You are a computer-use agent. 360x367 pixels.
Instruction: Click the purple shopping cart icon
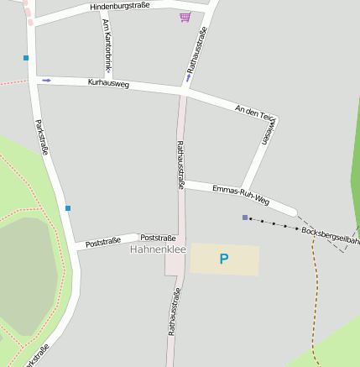tap(185, 17)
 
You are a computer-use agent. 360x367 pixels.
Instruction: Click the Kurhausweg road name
tap(108, 84)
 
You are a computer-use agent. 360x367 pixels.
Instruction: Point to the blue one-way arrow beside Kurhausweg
tap(46, 81)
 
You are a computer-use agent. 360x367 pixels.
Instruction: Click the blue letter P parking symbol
tap(224, 260)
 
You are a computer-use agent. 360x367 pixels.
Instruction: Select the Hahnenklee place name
tap(157, 249)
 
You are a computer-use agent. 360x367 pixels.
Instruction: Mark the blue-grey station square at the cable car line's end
tap(245, 218)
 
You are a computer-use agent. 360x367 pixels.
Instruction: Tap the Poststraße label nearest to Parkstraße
tap(104, 243)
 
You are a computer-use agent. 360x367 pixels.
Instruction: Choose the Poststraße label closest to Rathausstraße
tap(158, 238)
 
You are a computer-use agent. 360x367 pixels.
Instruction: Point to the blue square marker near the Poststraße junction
tap(68, 208)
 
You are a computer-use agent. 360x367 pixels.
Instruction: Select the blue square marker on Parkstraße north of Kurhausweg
tap(26, 58)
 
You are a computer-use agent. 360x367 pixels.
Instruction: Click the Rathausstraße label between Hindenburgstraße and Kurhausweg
tap(196, 46)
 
